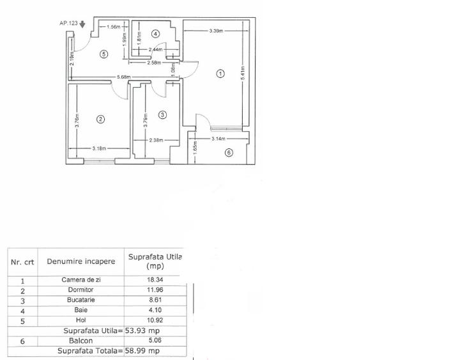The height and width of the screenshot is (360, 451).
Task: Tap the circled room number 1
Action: tap(220, 74)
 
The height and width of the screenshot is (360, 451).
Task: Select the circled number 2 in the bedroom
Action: tap(100, 119)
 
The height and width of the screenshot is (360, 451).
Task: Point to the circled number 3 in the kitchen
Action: tap(162, 115)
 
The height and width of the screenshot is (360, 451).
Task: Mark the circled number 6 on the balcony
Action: tap(229, 152)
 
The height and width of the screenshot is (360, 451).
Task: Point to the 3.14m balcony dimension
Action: tap(220, 138)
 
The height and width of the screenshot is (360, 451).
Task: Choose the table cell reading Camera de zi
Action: tap(81, 280)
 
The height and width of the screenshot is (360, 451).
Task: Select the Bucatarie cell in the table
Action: tap(81, 299)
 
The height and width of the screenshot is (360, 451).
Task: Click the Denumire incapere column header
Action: tap(81, 262)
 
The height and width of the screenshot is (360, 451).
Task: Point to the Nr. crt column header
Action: tap(22, 262)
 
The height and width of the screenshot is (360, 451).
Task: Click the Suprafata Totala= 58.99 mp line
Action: tap(109, 351)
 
